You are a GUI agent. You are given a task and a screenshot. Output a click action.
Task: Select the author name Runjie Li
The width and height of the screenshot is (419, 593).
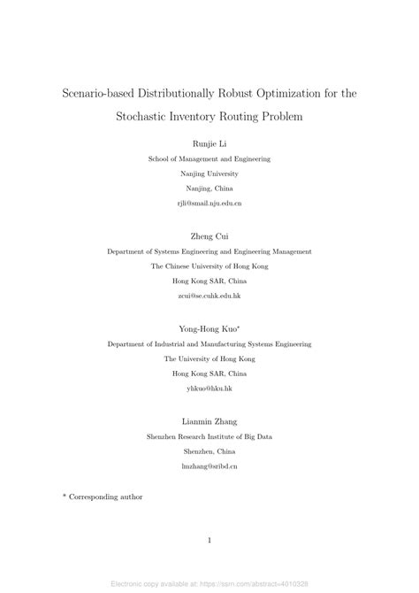coord(209,143)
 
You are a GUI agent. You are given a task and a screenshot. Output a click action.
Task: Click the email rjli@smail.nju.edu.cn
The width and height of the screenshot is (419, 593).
coord(209,203)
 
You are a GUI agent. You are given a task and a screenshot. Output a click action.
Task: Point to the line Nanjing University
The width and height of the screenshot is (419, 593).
coord(209,173)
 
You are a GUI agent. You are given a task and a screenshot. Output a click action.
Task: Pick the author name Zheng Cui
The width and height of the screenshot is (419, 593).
coord(209,236)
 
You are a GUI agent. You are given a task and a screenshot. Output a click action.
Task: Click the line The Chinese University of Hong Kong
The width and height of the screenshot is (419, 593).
coord(209,266)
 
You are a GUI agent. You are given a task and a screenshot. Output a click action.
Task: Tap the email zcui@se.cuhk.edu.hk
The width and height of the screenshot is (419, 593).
coord(209,295)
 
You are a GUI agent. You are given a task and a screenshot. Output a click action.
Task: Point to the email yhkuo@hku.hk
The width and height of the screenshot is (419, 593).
coord(209,388)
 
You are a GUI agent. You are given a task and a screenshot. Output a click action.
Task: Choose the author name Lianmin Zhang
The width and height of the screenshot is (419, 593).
coord(209,420)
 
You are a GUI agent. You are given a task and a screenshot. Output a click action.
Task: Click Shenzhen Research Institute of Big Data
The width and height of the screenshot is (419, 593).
coord(209,435)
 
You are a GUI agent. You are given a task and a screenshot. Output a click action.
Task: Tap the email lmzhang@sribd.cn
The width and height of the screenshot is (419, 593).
coord(209,465)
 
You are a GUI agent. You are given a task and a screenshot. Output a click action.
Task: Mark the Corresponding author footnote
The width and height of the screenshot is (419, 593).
coord(105,497)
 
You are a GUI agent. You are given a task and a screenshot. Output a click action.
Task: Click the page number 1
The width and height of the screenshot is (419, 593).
coord(209,540)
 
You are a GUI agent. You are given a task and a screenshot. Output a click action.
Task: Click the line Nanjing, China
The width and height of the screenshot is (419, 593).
coord(209,189)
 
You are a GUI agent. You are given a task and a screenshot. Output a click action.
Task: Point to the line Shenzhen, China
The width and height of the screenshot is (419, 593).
coord(209,451)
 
